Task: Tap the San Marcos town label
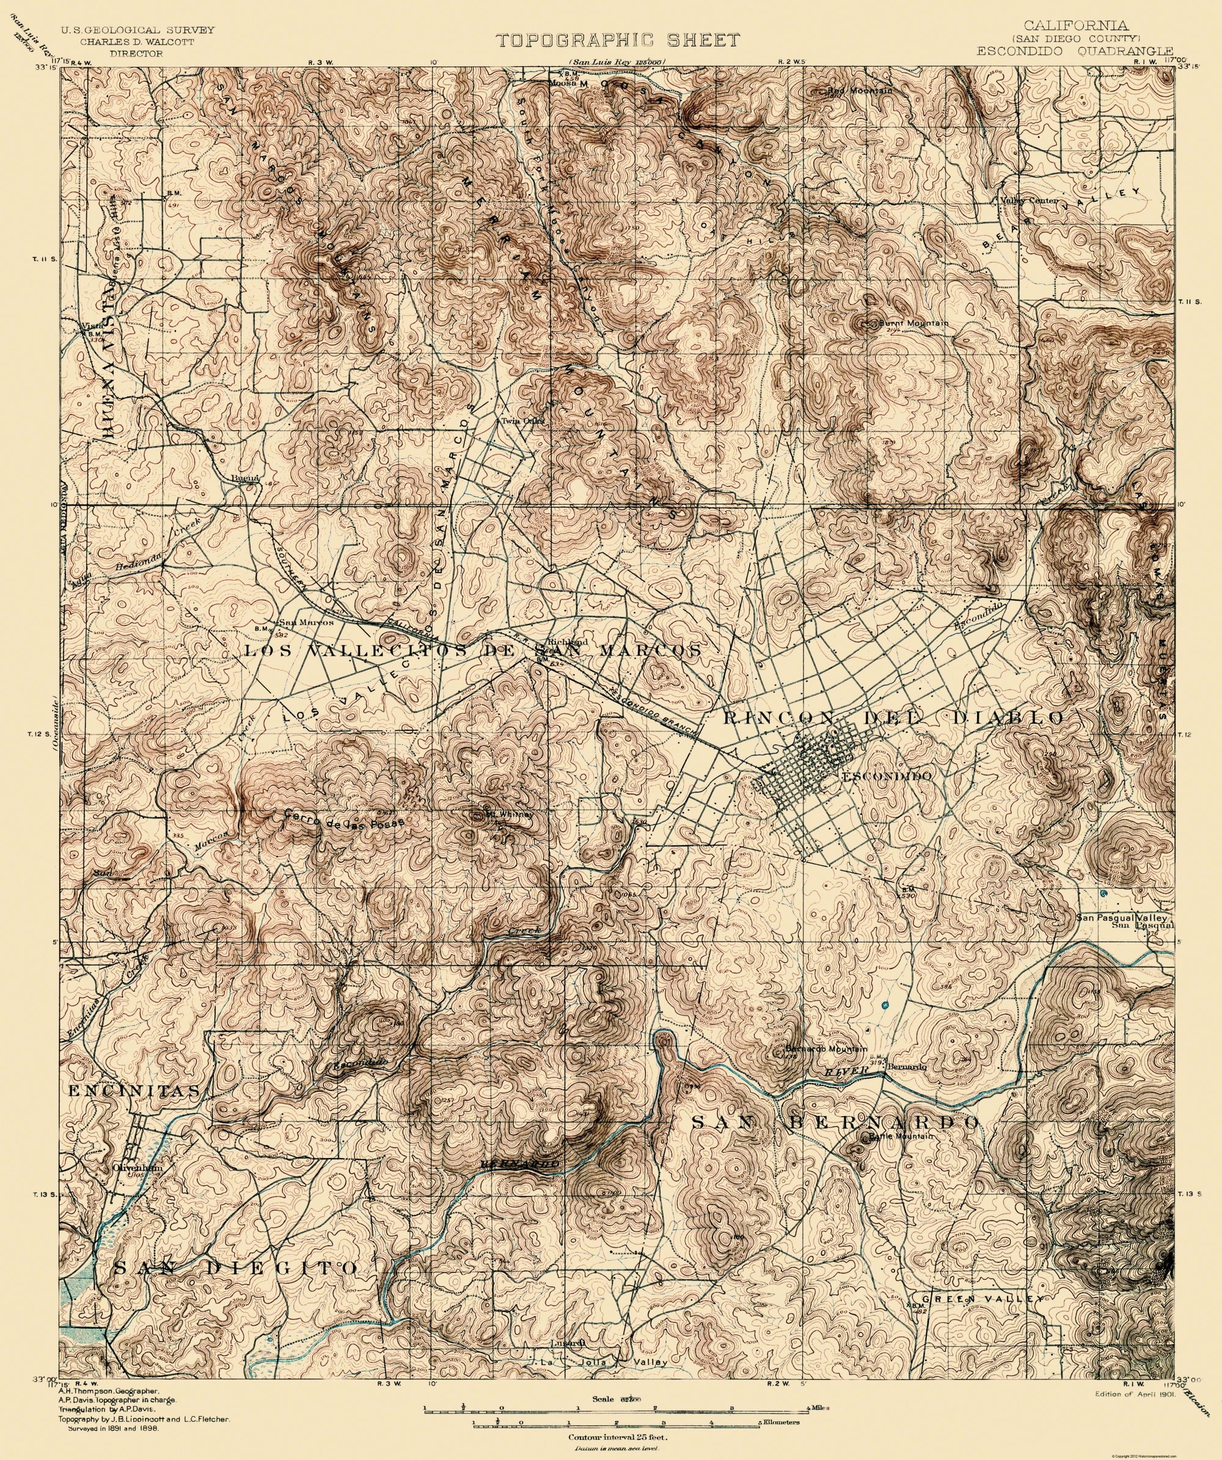click(306, 622)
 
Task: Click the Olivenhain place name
click(137, 1168)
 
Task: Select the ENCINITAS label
click(133, 1091)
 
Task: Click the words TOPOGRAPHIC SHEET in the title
click(617, 40)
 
